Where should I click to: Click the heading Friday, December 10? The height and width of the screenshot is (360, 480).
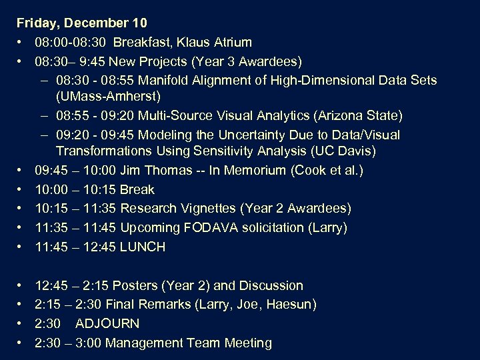click(81, 23)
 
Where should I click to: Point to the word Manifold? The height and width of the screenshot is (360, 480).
click(173, 80)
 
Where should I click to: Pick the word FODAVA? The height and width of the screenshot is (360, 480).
click(217, 227)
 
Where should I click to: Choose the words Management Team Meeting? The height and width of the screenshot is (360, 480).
click(189, 343)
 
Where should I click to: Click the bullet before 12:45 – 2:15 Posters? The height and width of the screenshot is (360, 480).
click(21, 286)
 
